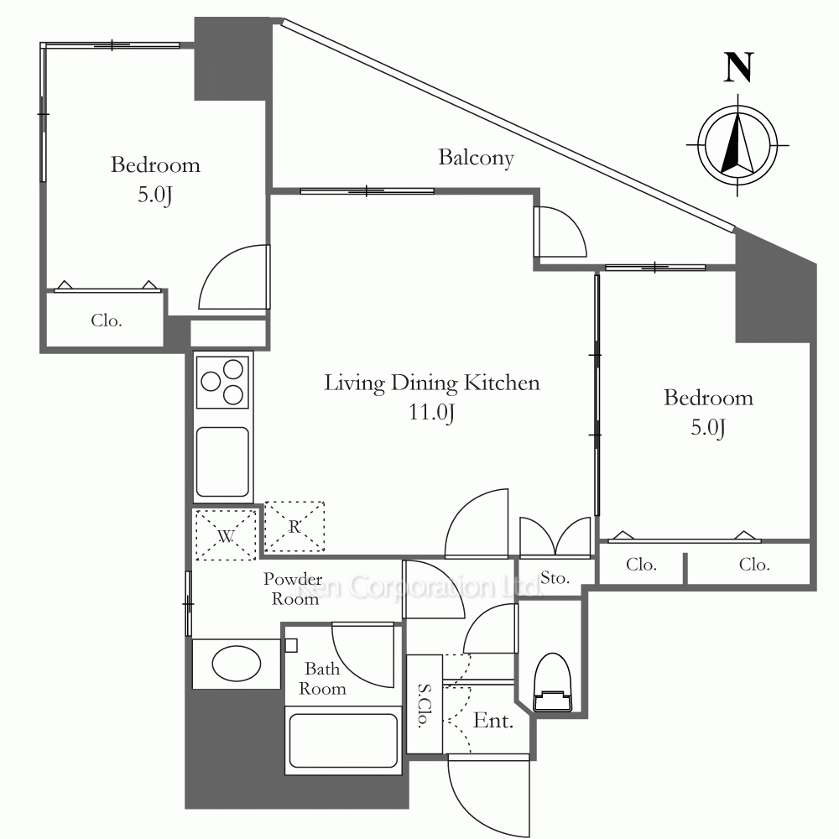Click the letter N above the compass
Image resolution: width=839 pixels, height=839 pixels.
(x=738, y=67)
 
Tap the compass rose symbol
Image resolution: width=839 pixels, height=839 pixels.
(x=737, y=145)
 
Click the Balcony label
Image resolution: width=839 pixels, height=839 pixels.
(x=477, y=158)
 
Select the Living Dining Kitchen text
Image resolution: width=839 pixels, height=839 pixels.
(x=432, y=383)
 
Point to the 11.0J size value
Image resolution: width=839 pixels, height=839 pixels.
(x=432, y=412)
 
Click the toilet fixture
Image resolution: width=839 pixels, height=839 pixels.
(x=553, y=683)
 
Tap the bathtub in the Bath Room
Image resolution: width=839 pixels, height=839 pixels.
(x=343, y=741)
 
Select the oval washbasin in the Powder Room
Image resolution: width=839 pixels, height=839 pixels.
(x=237, y=664)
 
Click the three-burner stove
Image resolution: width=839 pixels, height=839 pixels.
(x=222, y=382)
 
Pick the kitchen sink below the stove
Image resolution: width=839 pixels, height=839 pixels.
(x=222, y=461)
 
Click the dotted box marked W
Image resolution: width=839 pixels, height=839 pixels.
(x=226, y=535)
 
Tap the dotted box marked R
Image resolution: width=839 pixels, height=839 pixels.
(x=294, y=527)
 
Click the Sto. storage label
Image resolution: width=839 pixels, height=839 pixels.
(x=555, y=578)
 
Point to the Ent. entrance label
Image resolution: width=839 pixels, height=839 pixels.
(x=493, y=721)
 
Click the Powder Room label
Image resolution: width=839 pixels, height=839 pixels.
(x=293, y=589)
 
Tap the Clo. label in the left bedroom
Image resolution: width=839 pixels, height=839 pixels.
(x=107, y=320)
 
